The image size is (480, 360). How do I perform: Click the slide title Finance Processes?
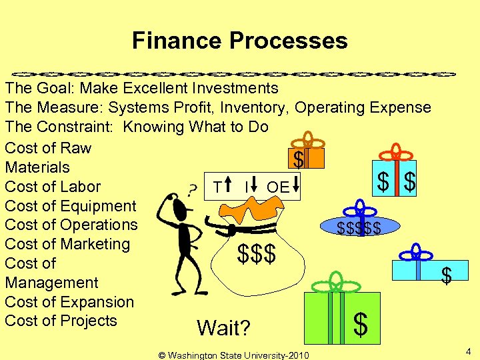pos(239,41)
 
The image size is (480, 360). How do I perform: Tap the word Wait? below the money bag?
pos(223,328)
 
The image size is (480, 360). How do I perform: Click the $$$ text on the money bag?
pos(257,253)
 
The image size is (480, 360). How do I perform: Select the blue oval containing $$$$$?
pos(359,228)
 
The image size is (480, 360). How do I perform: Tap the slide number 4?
pos(468,351)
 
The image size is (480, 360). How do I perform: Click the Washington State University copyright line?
pos(233,355)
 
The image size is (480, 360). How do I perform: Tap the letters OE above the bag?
pos(277,187)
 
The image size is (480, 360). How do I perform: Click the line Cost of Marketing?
pos(67,244)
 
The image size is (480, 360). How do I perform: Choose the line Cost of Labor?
pos(53,187)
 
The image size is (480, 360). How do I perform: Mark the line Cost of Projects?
pos(61,320)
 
